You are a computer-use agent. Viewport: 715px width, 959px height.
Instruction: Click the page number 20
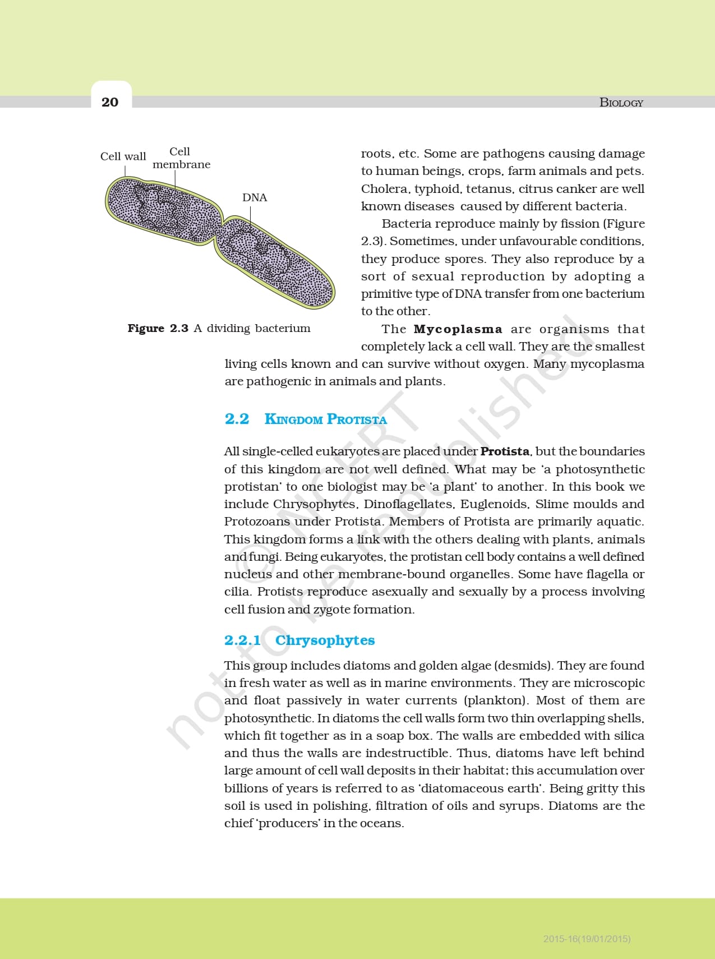110,102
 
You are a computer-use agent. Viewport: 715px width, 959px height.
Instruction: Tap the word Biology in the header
621,103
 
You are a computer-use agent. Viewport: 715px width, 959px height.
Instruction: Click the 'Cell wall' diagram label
123,156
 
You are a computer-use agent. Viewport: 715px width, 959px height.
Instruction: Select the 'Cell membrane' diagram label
181,158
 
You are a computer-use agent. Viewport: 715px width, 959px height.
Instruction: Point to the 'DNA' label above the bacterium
255,197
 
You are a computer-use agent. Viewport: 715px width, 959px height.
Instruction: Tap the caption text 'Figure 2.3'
158,329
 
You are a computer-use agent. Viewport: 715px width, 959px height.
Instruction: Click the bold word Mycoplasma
458,329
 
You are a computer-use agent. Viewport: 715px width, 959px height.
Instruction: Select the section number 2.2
237,419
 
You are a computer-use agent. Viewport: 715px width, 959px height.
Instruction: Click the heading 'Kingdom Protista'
325,419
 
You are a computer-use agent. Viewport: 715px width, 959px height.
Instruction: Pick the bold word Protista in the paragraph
505,451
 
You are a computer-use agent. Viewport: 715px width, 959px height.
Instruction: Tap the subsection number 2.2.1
242,640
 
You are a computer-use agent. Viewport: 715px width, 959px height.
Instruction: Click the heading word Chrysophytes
325,640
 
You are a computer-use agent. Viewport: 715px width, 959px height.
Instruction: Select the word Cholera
384,189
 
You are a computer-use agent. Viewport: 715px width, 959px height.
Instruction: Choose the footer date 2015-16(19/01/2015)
587,939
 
